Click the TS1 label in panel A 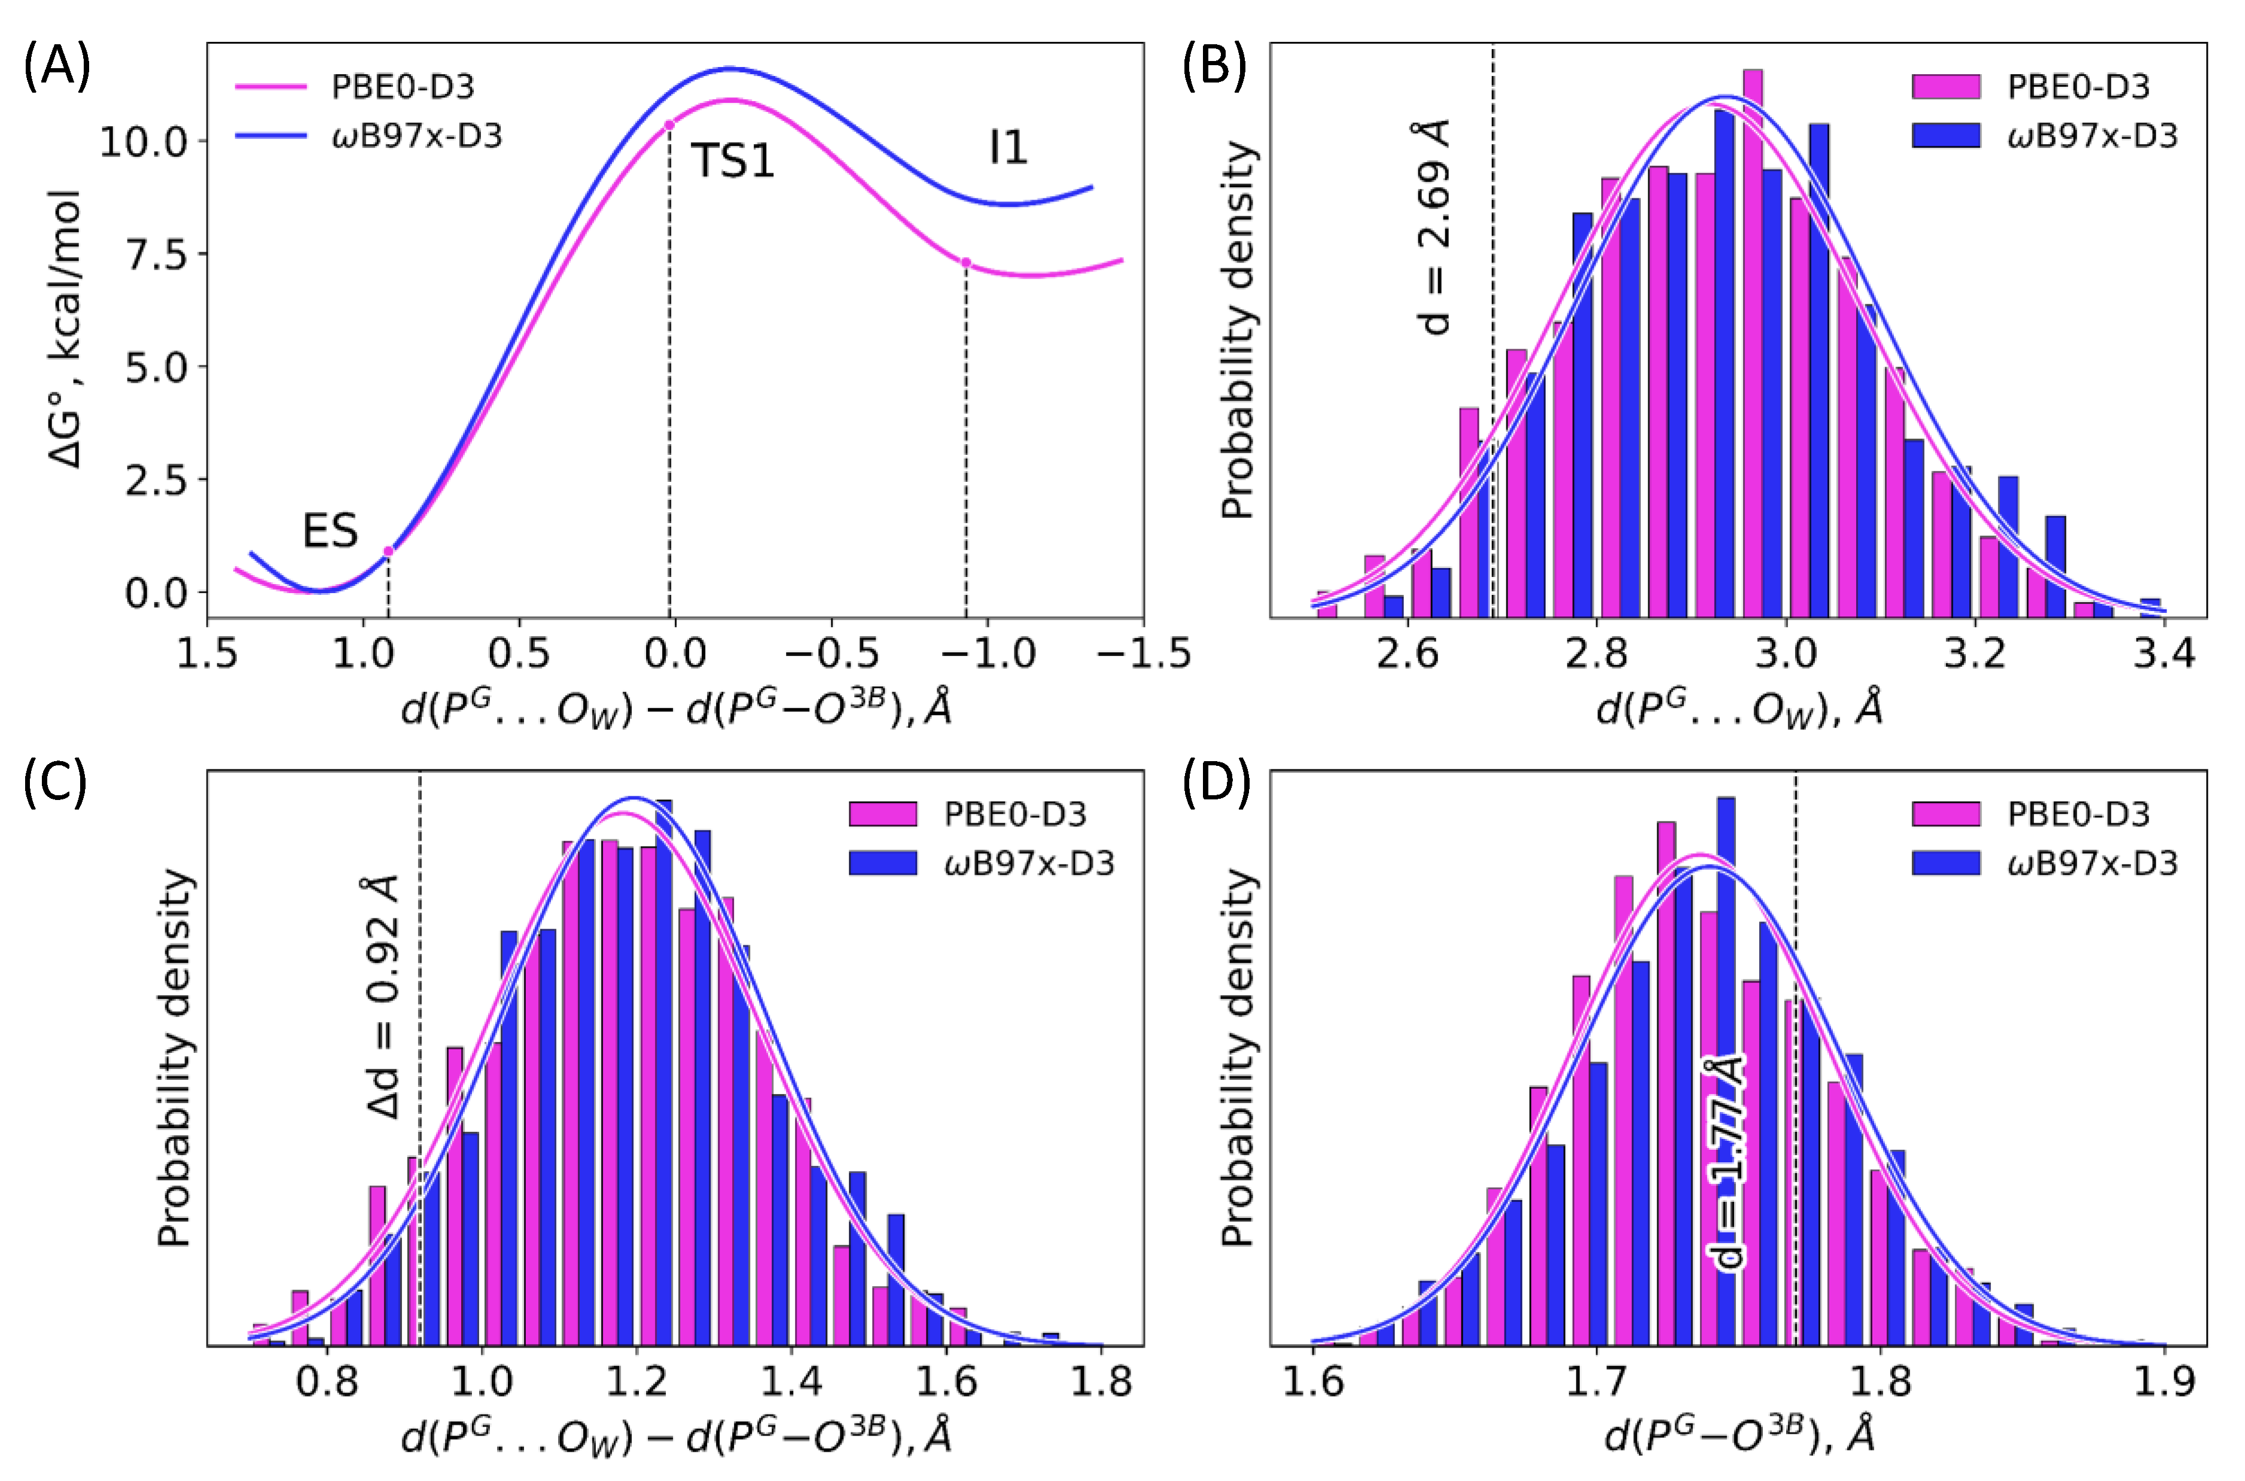tap(732, 161)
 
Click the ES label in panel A tap(330, 531)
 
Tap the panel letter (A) tap(57, 68)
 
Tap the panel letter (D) tap(1216, 784)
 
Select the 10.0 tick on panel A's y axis tap(144, 142)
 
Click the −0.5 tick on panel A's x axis tap(831, 654)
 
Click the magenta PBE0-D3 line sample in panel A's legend tap(271, 87)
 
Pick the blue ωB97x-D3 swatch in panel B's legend tap(1945, 136)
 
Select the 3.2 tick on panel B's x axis tap(1975, 654)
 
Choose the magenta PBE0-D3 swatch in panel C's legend tap(882, 813)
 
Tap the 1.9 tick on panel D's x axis tap(2164, 1382)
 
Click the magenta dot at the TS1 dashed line tap(669, 126)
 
